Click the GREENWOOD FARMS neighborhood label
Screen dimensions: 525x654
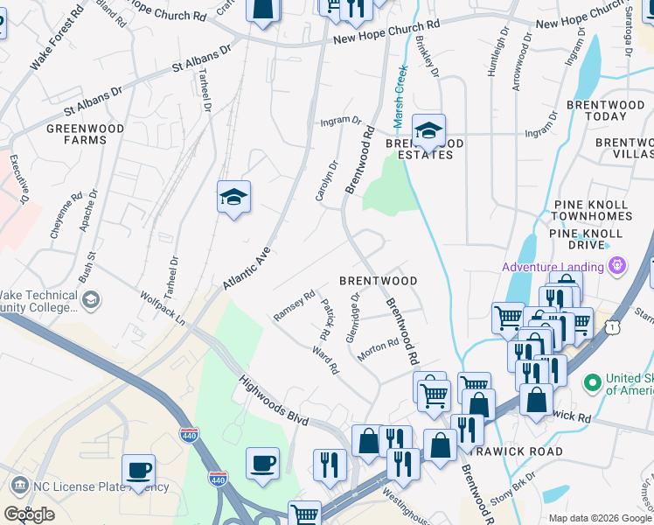coord(84,134)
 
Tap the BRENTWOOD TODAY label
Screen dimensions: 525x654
coord(605,110)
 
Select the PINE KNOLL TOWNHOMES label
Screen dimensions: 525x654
coord(592,209)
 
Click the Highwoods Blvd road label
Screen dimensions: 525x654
coord(274,401)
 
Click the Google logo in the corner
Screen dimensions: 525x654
coord(29,514)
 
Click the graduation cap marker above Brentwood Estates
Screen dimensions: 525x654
coord(428,130)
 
